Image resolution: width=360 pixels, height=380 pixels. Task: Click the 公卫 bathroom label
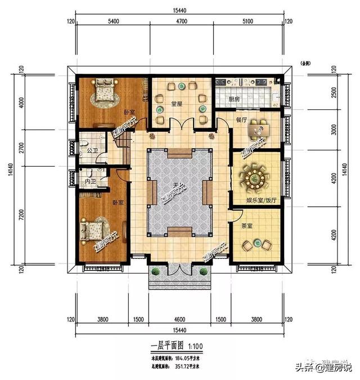(x=93, y=151)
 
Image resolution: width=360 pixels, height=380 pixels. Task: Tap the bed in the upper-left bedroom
(x=103, y=90)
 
